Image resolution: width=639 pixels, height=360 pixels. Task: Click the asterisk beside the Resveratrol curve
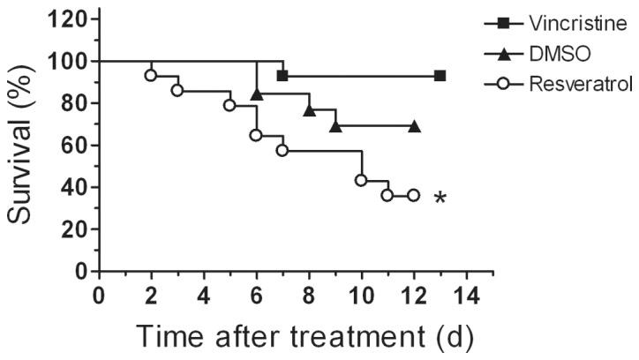point(440,200)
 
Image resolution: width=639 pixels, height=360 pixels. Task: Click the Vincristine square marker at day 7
point(282,76)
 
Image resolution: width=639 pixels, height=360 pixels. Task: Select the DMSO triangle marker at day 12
point(414,126)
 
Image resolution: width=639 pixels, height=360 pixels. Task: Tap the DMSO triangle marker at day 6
point(256,94)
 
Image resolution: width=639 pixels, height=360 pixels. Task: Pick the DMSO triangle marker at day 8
point(309,110)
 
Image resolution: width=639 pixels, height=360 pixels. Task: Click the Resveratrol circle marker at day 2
point(151,75)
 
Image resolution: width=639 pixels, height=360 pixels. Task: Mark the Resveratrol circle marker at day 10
point(361,180)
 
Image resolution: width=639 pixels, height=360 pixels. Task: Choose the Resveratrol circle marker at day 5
point(229,105)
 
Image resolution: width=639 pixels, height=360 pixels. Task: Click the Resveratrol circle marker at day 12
point(413,195)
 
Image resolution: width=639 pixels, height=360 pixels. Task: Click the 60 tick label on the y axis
point(77,146)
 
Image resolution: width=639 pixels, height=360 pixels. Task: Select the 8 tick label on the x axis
point(309,292)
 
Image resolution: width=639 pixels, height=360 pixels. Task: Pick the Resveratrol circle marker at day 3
point(177,90)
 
